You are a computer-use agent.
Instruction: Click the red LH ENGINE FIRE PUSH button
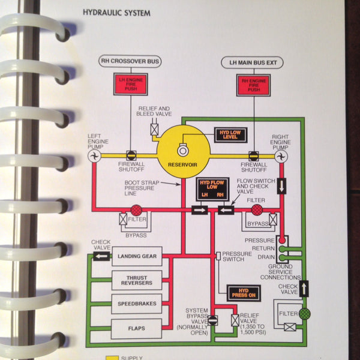pyautogui.click(x=128, y=83)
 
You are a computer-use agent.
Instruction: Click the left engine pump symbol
pyautogui.click(x=94, y=156)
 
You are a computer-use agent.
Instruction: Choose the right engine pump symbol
pyautogui.click(x=280, y=156)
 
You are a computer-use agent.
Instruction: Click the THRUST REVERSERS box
pyautogui.click(x=137, y=280)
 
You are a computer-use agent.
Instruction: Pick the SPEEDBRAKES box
pyautogui.click(x=137, y=304)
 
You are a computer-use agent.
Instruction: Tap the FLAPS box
pyautogui.click(x=137, y=328)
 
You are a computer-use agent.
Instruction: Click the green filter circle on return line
pyautogui.click(x=305, y=312)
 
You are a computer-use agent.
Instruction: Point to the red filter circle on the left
pyautogui.click(x=136, y=210)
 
